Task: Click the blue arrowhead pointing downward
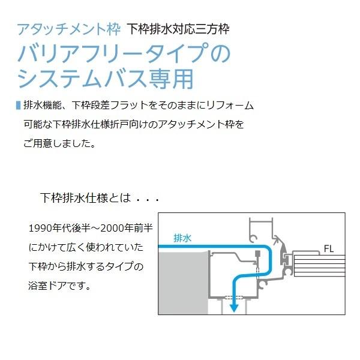pyautogui.click(x=235, y=306)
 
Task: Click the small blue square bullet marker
pyautogui.click(x=17, y=105)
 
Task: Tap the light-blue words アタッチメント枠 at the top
pyautogui.click(x=69, y=28)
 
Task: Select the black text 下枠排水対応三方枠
pyautogui.click(x=178, y=28)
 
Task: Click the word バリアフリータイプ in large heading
pyautogui.click(x=114, y=55)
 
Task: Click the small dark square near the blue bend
pyautogui.click(x=256, y=253)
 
